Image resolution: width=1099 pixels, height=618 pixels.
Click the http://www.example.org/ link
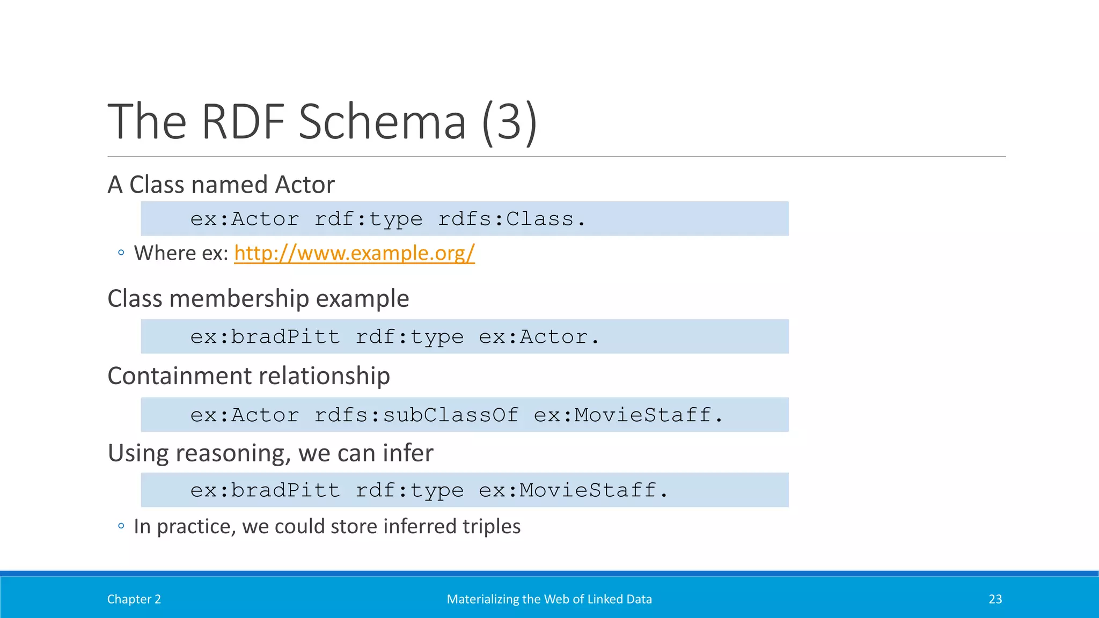354,253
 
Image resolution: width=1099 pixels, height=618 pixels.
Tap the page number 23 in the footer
995,599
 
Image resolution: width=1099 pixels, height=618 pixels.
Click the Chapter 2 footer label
134,599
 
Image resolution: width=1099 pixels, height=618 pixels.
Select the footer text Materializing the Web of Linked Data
549,599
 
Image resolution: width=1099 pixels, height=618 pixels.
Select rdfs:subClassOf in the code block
416,415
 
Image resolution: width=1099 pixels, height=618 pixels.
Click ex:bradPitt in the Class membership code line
265,337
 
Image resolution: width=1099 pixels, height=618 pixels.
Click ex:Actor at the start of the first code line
245,219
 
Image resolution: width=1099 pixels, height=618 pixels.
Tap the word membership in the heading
239,298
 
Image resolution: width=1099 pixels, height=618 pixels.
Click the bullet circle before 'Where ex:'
121,253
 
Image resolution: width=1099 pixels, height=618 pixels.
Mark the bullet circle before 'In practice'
121,526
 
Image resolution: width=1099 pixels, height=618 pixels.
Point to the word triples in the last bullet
491,526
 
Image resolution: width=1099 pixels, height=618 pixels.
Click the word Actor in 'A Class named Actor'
305,185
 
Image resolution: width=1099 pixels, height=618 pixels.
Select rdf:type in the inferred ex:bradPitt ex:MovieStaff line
409,490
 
